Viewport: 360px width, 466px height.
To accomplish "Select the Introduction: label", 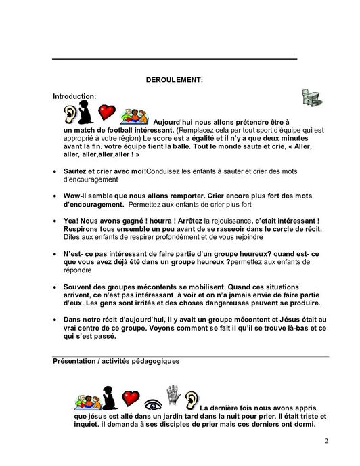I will pos(74,96).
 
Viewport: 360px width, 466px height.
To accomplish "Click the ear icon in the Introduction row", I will pos(70,112).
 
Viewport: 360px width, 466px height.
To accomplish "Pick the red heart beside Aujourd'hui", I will pos(108,111).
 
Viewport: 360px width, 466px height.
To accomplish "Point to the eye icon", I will pos(152,399).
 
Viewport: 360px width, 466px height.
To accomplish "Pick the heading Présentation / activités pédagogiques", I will pos(116,362).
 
